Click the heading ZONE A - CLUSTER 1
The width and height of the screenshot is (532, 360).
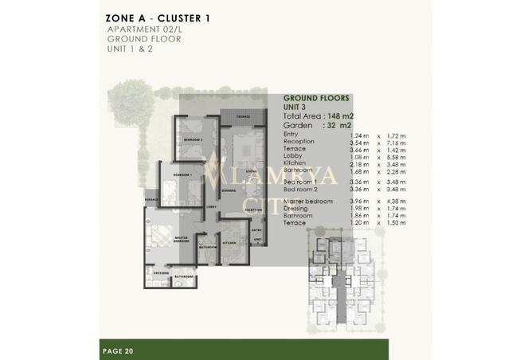pos(158,17)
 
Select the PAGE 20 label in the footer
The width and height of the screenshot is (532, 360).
pos(119,349)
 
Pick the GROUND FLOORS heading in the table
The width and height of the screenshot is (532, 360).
pos(316,98)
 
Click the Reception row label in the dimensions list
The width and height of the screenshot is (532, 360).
pos(299,142)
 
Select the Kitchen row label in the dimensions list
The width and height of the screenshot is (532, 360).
pos(294,164)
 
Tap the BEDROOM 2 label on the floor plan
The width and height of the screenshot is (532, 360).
pos(194,139)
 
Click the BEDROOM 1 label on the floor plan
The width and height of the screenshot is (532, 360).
pos(182,174)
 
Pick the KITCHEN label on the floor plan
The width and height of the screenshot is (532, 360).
pos(230,241)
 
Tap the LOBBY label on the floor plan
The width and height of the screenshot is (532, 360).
pos(211,207)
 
